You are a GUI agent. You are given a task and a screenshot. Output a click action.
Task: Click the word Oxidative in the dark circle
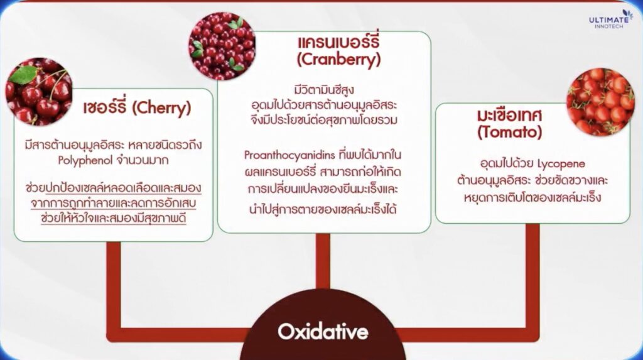[323, 332]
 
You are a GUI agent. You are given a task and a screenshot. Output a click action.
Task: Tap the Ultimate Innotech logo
[610, 19]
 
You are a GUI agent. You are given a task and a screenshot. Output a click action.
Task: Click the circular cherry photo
[39, 92]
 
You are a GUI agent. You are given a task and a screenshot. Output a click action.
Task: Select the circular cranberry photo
[222, 46]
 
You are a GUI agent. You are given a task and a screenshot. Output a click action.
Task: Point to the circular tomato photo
[600, 102]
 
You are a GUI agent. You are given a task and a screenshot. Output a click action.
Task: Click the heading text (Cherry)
[161, 108]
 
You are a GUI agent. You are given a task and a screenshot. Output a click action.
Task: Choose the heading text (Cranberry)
[338, 60]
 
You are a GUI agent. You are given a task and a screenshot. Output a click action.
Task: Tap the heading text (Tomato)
[510, 132]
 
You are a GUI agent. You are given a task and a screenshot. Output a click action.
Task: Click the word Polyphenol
[85, 160]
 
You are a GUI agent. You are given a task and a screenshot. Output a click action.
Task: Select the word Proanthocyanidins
[289, 155]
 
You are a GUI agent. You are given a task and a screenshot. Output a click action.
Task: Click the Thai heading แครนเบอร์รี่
[338, 42]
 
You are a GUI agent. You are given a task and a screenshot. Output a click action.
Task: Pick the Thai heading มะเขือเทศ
[509, 116]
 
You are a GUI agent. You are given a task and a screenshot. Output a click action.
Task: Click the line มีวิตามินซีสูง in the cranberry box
[324, 89]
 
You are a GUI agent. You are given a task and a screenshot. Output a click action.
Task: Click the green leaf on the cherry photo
[24, 74]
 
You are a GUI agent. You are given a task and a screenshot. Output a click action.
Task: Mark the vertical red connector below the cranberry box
[323, 261]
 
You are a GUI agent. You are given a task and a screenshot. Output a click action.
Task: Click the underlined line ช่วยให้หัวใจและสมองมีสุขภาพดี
[113, 218]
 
